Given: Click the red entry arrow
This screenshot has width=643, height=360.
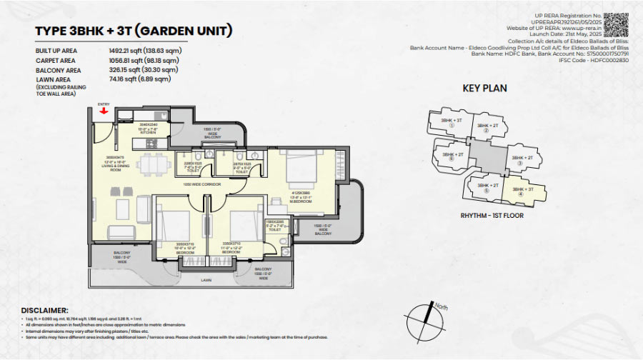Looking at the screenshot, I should click(104, 111).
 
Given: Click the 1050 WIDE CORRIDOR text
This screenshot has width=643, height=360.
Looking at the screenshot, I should click(203, 184).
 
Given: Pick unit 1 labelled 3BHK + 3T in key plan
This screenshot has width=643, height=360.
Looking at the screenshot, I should click(451, 123).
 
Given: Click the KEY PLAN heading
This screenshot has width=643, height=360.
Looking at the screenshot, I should click(484, 89).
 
